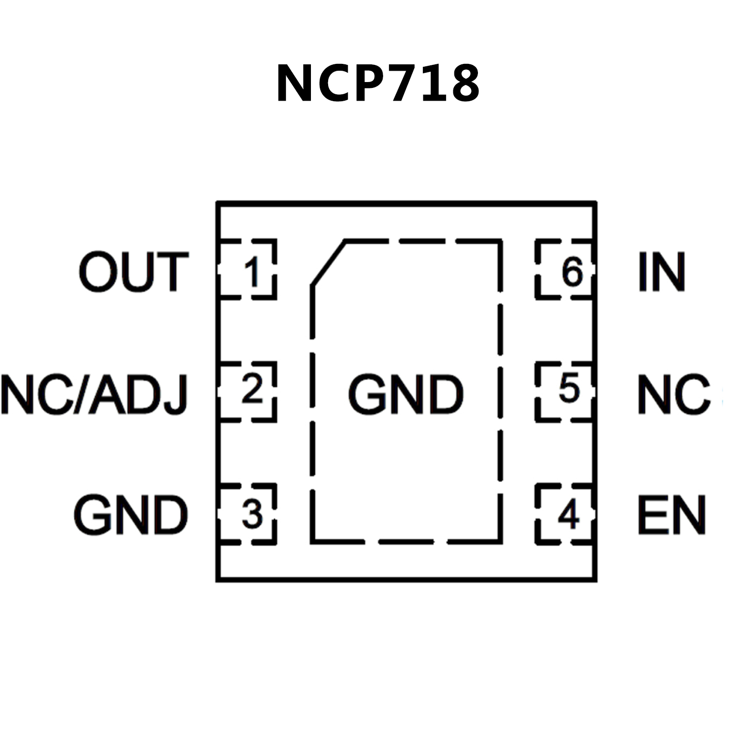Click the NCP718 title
coord(377,84)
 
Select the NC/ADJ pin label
coord(95,394)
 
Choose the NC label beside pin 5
coord(673,394)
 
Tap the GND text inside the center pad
coord(405,394)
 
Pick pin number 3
coord(252,514)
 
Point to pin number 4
coord(569,514)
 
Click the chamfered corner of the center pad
coord(328,263)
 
